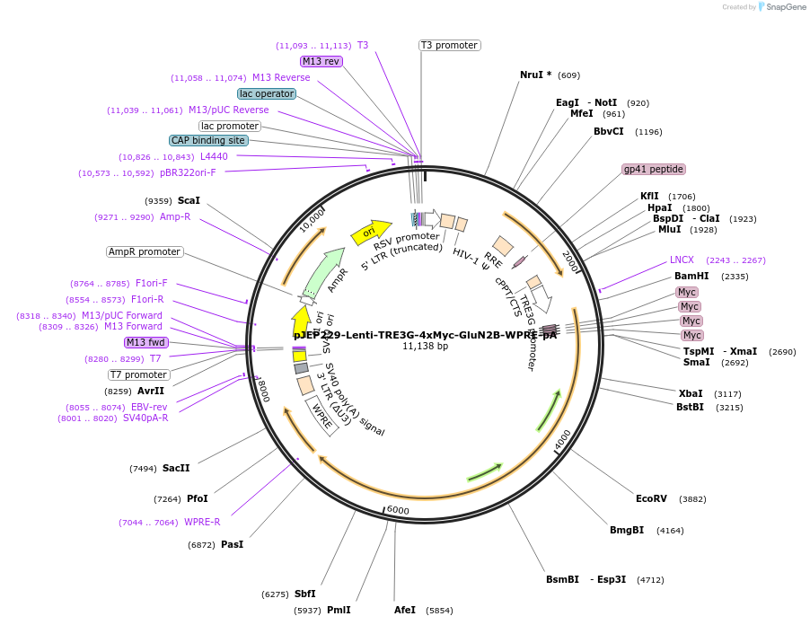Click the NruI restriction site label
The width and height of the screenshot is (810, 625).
[535, 75]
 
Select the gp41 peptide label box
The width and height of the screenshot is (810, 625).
[654, 169]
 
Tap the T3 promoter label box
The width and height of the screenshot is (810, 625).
[449, 45]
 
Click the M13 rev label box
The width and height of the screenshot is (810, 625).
[321, 61]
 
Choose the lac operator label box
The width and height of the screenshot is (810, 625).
[267, 93]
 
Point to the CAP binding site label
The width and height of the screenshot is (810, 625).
[208, 140]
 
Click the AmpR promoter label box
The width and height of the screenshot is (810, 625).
[145, 251]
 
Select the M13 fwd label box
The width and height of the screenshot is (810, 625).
[146, 342]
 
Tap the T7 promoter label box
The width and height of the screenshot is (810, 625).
[139, 374]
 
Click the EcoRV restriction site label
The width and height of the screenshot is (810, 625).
[651, 498]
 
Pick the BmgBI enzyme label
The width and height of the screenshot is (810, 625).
[627, 530]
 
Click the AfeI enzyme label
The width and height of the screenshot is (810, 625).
[405, 610]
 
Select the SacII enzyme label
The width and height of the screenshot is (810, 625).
[176, 468]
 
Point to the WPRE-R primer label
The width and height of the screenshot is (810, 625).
[202, 522]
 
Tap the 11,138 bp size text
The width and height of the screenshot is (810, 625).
[425, 346]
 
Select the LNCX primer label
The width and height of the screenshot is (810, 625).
[682, 260]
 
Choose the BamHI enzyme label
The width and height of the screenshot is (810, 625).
[691, 276]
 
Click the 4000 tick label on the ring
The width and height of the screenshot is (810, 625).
[563, 441]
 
